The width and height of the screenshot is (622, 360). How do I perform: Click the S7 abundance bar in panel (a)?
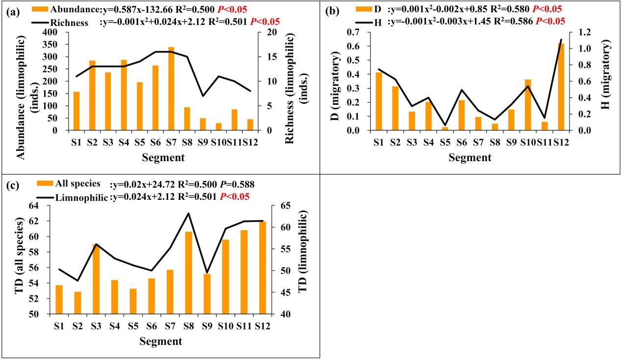(x=172, y=89)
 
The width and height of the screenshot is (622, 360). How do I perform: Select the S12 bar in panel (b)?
(x=561, y=87)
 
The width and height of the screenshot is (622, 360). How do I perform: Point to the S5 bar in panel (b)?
(x=445, y=129)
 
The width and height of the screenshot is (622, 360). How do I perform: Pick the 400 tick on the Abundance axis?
(x=50, y=32)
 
